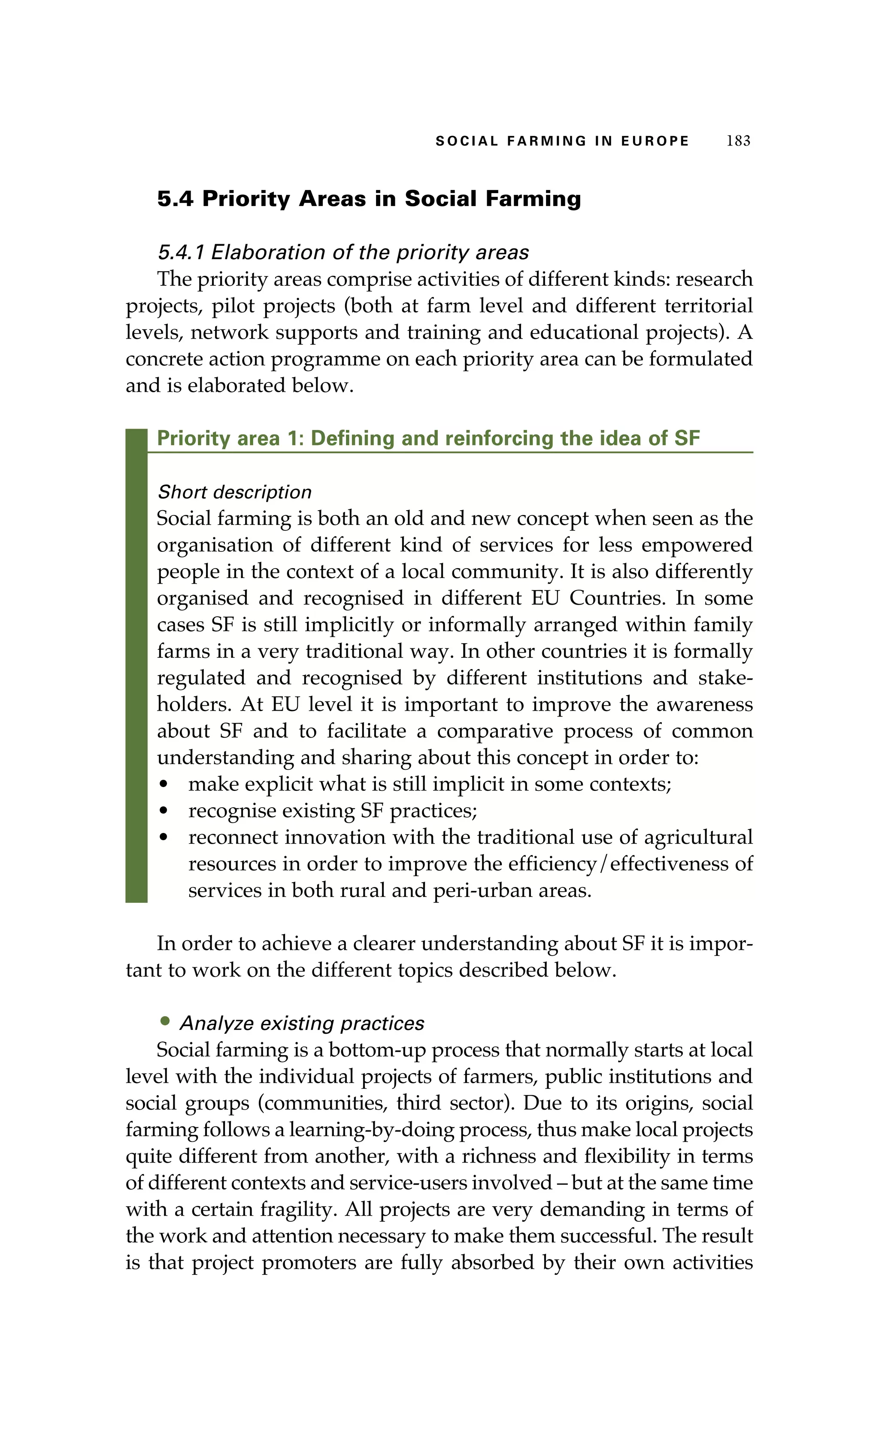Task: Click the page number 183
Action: [x=738, y=141]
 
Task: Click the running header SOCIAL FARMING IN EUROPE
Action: [x=562, y=141]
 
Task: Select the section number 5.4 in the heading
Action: [x=175, y=199]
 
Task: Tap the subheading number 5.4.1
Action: [x=181, y=253]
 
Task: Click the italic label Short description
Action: [x=234, y=492]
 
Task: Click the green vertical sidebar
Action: [x=136, y=666]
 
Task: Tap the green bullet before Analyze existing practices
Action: [x=165, y=1021]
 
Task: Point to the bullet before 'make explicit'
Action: [x=164, y=784]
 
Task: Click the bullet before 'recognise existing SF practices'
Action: [x=164, y=811]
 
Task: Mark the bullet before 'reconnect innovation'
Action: [x=164, y=838]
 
